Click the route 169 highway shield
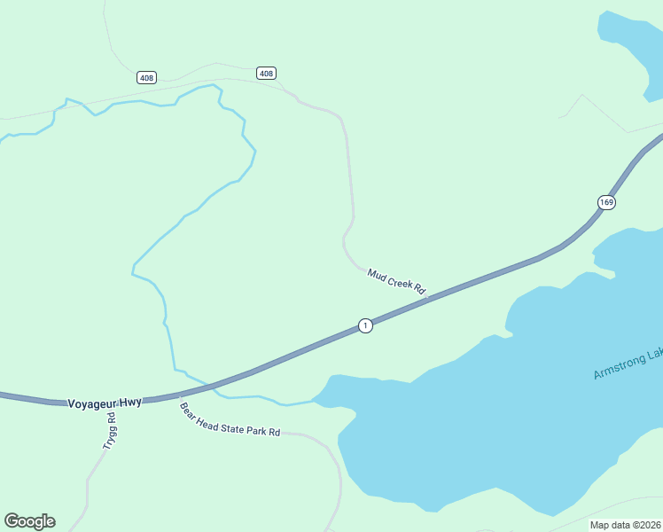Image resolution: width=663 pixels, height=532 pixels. click(x=606, y=202)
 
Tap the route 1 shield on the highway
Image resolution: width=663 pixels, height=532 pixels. click(x=365, y=325)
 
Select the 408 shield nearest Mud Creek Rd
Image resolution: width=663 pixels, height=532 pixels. click(x=266, y=73)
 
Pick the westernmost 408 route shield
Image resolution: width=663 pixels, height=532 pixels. click(x=146, y=78)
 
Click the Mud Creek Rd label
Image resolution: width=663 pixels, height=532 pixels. click(x=396, y=282)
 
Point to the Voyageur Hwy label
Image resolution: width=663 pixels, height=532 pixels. click(x=105, y=403)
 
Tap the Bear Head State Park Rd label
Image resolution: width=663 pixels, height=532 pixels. click(x=230, y=420)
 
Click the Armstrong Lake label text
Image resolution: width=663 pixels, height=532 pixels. click(x=628, y=364)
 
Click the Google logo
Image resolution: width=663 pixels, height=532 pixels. click(x=29, y=521)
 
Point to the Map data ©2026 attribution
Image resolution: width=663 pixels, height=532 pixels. click(x=626, y=525)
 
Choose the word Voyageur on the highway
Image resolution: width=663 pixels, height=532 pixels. click(x=90, y=403)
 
